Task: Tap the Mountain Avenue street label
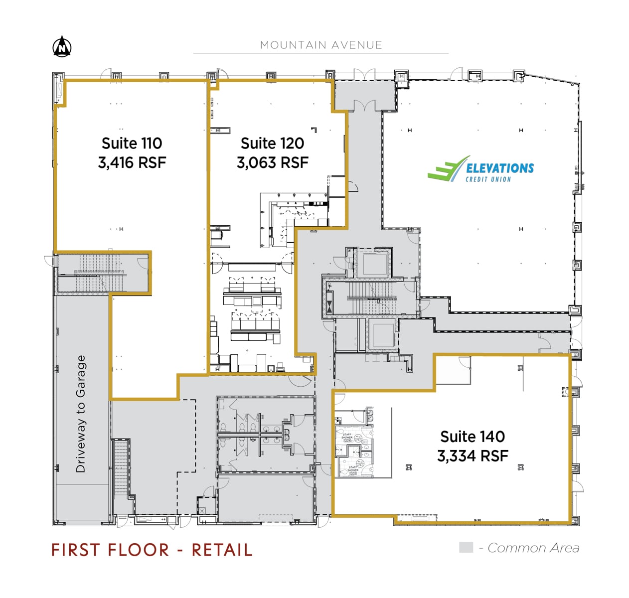[x=320, y=45]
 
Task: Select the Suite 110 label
[x=132, y=144]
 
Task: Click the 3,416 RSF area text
[x=132, y=162]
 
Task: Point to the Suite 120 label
[x=272, y=144]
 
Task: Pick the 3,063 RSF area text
[x=272, y=162]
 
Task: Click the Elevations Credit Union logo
[x=480, y=169]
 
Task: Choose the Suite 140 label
[x=472, y=437]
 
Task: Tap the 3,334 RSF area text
[x=472, y=456]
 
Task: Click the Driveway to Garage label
[x=81, y=414]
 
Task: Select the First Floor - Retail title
[x=152, y=550]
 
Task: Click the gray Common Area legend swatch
[x=466, y=548]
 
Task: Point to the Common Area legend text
[x=533, y=548]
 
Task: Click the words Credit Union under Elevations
[x=488, y=179]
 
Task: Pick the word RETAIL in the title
[x=222, y=550]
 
